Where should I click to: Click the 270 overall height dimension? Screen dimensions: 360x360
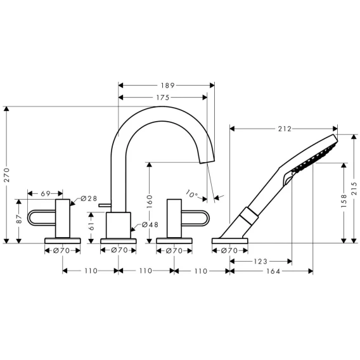coord(7,175)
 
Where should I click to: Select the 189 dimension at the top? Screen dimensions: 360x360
coord(168,86)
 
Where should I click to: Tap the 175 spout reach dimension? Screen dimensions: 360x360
coord(163,98)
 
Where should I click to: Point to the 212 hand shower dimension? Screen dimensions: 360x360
coord(285,129)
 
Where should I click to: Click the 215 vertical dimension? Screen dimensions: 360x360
coord(354,188)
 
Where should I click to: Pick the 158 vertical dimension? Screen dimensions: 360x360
coord(344,201)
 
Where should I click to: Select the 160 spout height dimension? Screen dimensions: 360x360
coord(150,202)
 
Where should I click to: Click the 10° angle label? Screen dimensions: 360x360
coord(191,194)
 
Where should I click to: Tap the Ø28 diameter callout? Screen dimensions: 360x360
coord(89,198)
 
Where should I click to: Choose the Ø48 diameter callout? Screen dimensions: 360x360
coord(150,224)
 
